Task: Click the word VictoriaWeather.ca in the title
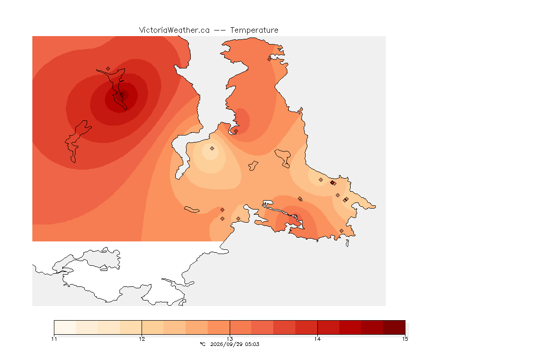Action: pos(174,30)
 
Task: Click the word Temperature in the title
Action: pos(254,30)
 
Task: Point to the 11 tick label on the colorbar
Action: pos(54,339)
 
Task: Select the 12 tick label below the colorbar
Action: pos(142,339)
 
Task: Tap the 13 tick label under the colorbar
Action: pos(230,339)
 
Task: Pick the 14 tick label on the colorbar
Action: pos(317,339)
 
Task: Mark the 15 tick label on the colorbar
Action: pos(405,339)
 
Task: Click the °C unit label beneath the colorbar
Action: pos(202,344)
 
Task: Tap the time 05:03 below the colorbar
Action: pos(252,344)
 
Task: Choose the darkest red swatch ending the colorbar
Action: pos(394,327)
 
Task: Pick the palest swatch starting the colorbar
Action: pos(65,327)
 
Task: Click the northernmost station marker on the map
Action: pos(270,59)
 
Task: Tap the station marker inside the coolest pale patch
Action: pos(212,149)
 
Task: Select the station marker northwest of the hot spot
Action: pos(108,69)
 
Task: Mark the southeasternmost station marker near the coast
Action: pos(341,231)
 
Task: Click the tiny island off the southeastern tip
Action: pos(347,243)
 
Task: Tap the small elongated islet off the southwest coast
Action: pos(192,210)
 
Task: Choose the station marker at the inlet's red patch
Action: pos(236,131)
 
